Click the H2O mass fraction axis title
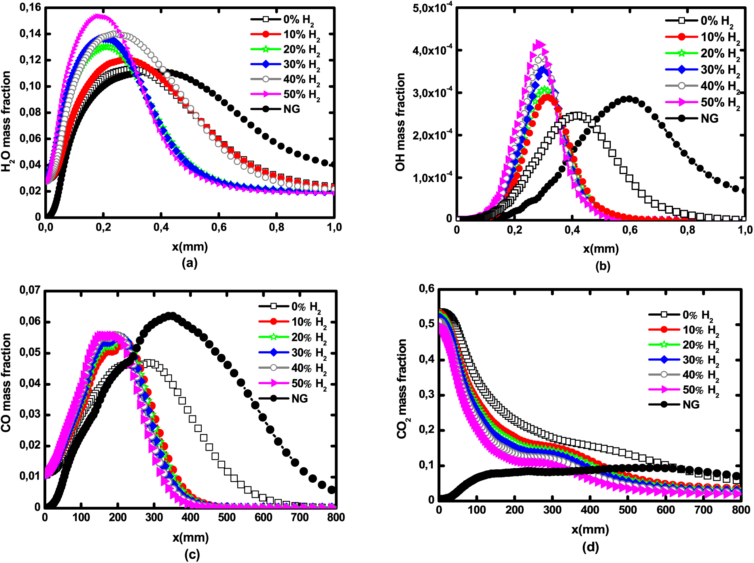(x=6, y=121)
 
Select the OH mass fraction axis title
(x=400, y=122)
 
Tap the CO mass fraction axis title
(x=6, y=382)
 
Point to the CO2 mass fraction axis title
(x=402, y=389)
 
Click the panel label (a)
(x=189, y=263)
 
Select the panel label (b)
(x=602, y=266)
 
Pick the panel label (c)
(x=192, y=555)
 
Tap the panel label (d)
(x=590, y=547)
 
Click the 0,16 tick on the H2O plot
(x=30, y=8)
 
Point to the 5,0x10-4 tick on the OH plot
(x=432, y=8)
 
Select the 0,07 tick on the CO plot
(x=30, y=290)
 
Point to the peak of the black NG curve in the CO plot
(x=171, y=316)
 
